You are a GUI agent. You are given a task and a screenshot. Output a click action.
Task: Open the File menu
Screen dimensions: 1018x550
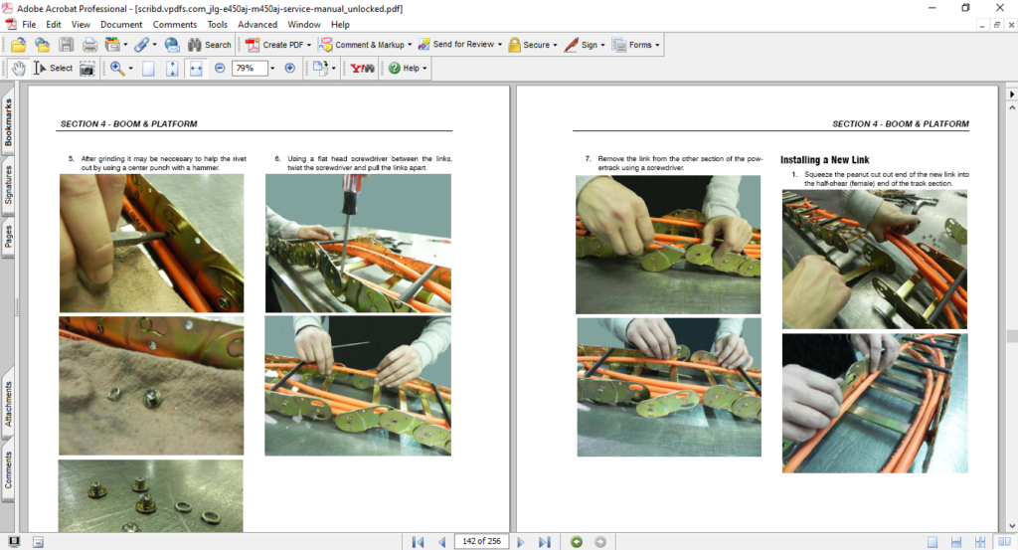[29, 25]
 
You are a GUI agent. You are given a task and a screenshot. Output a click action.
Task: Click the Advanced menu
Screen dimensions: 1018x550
[257, 25]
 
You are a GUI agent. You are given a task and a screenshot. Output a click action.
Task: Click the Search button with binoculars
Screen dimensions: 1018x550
[209, 45]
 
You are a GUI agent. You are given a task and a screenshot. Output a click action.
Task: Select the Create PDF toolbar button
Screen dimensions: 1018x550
[278, 45]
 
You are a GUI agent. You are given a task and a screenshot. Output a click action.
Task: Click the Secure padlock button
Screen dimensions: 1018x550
[533, 45]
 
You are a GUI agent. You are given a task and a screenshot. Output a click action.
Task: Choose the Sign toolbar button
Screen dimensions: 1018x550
[585, 45]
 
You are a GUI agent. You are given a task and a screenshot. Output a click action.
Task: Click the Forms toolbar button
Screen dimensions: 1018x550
[635, 45]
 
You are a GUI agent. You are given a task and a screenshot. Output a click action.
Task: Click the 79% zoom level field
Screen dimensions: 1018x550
[250, 69]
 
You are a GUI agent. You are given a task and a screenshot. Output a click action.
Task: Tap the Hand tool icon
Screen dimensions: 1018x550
[19, 69]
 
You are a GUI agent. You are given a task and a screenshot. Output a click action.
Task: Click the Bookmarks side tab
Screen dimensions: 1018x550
[8, 122]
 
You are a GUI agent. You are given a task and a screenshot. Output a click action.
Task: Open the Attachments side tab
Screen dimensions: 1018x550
[8, 404]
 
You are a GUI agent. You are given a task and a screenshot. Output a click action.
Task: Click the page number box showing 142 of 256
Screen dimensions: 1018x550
[481, 541]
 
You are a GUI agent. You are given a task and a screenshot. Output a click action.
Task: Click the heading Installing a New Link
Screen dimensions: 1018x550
[824, 160]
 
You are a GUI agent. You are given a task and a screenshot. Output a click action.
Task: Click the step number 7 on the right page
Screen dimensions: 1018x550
[588, 158]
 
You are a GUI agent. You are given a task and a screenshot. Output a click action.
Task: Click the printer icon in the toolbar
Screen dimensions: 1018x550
[89, 45]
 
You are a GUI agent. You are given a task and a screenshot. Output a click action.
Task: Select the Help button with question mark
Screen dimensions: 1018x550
[407, 69]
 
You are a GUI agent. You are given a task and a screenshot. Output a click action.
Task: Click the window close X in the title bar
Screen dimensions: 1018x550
[1000, 8]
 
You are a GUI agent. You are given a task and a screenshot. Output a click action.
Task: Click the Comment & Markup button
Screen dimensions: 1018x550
[365, 45]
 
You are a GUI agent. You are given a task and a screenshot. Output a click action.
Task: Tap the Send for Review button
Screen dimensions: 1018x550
[460, 45]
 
